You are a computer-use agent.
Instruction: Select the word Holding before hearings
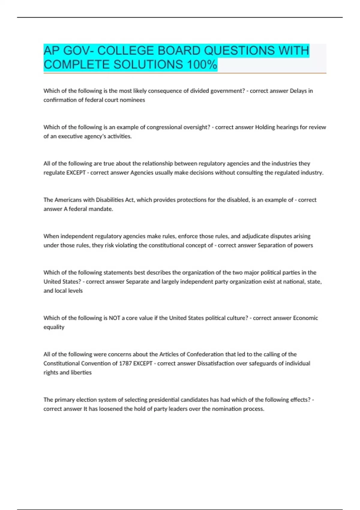(265, 127)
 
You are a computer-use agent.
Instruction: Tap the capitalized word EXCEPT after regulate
(76, 173)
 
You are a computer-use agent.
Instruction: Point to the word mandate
(102, 209)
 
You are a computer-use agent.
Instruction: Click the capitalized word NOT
(114, 318)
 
